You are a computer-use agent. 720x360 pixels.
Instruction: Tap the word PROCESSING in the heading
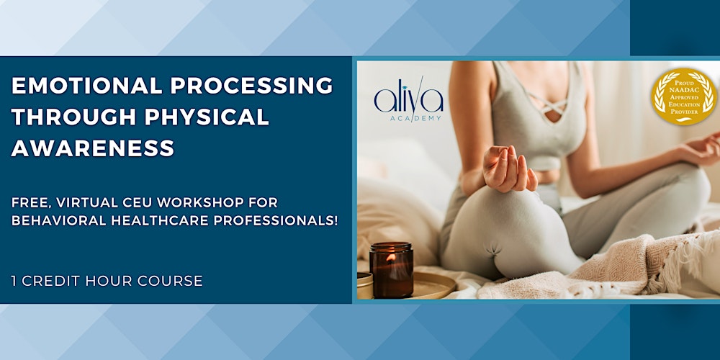pos(253,86)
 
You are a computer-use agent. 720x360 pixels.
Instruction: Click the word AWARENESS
pos(93,148)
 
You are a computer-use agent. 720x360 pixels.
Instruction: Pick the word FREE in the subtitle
pos(30,202)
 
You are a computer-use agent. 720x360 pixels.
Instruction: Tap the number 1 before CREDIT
pos(15,281)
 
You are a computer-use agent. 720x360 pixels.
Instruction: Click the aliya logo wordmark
pos(408,99)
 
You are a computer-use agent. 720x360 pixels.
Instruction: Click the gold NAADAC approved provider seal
pos(683,96)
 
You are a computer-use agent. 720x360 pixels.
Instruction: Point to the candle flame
pos(391,256)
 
